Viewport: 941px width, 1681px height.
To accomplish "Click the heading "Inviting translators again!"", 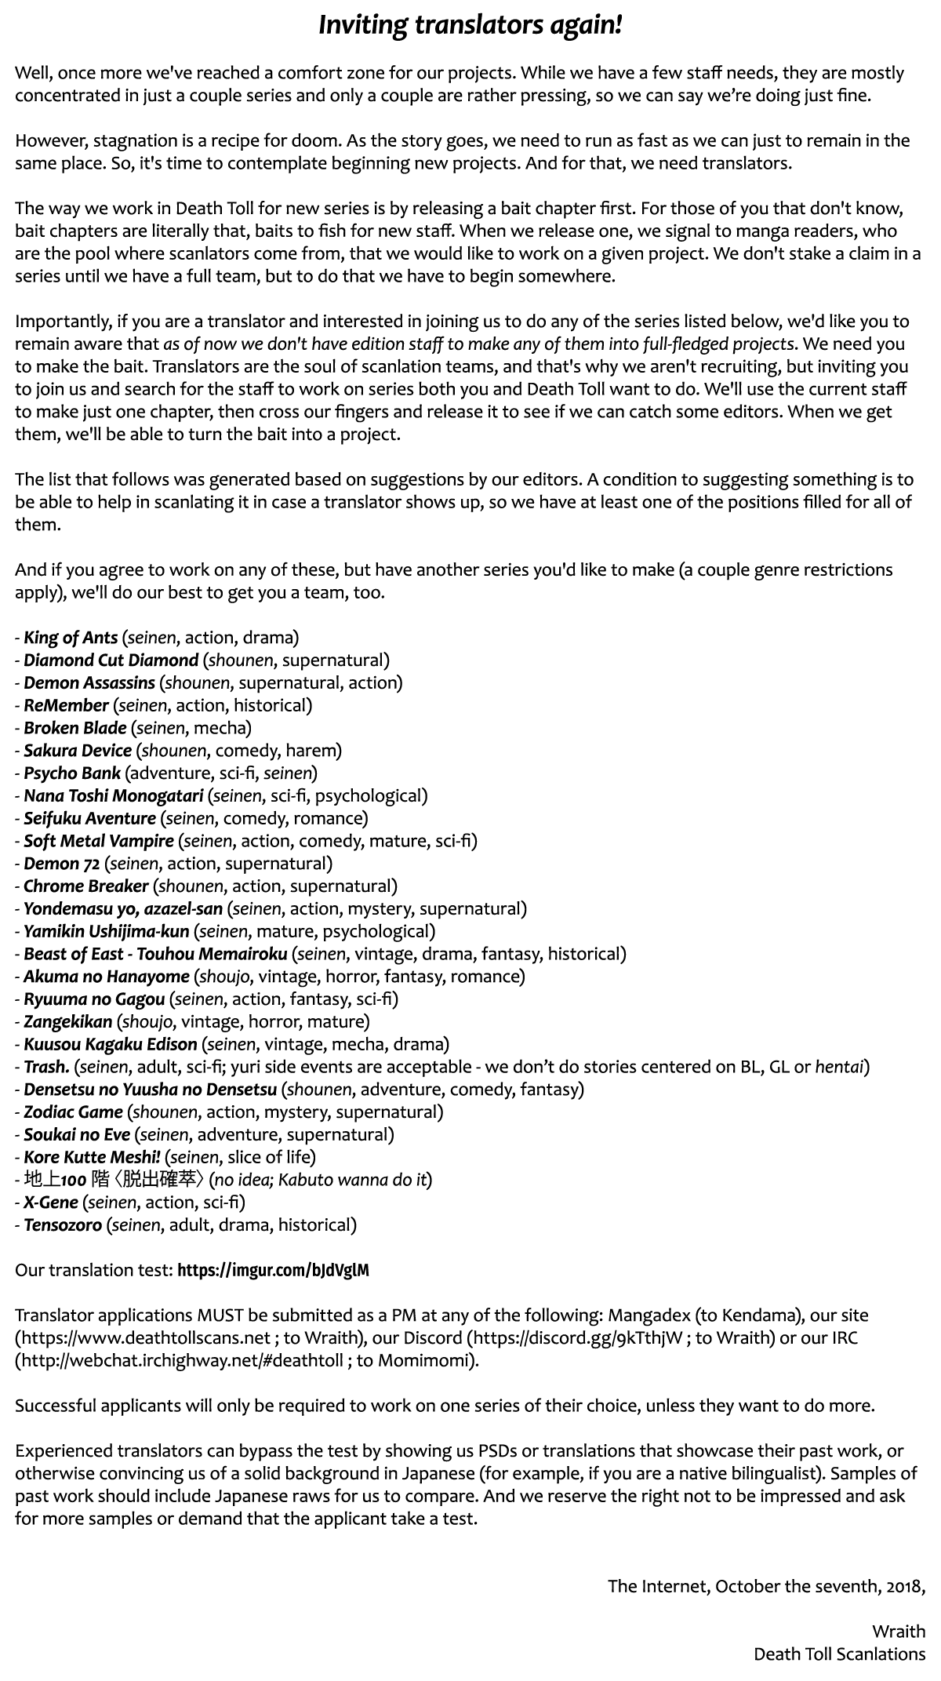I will tap(470, 26).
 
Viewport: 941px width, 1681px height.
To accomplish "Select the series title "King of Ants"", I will tap(71, 638).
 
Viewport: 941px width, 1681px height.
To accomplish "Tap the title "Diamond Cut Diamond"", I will tap(111, 660).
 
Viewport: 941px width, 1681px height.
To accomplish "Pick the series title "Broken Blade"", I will tap(74, 728).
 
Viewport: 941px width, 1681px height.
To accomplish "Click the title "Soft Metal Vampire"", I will tap(98, 841).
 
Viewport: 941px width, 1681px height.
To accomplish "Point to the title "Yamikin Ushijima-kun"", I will tap(106, 931).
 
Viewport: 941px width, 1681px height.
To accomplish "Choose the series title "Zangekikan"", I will tap(67, 1021).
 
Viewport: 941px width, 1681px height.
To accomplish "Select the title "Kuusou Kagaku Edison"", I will tap(110, 1044).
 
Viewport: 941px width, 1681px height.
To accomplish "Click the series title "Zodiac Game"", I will tap(73, 1112).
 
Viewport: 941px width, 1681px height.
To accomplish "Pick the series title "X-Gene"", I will tap(51, 1202).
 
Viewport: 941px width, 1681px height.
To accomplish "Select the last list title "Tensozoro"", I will tap(63, 1224).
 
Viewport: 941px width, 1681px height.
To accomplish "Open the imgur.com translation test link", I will tap(273, 1270).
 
